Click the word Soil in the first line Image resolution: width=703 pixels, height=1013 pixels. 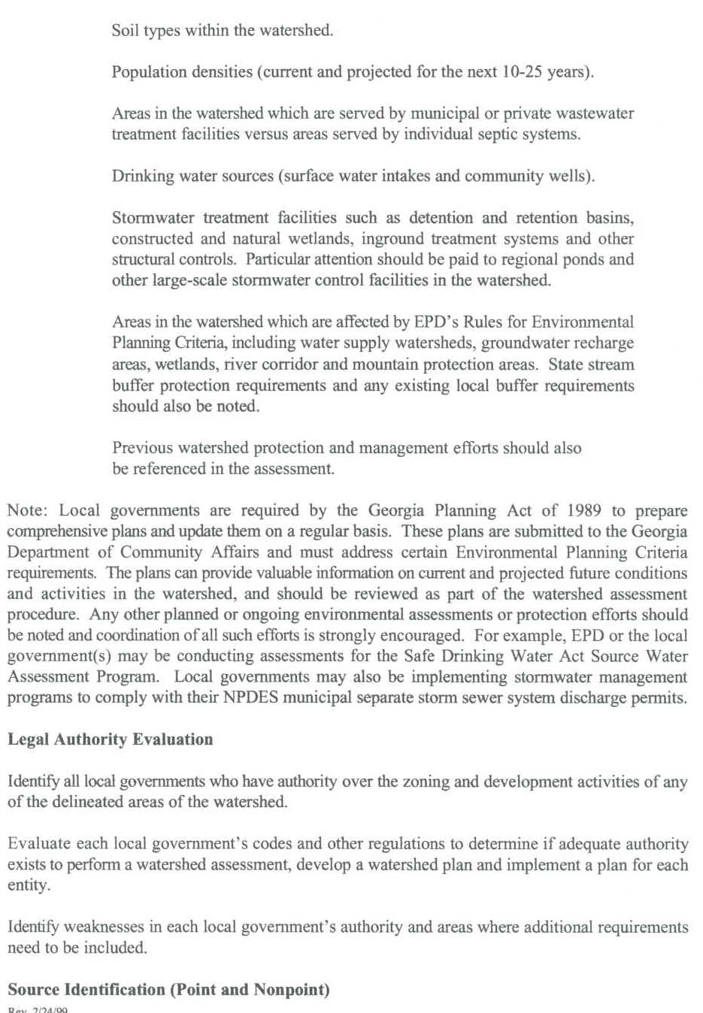tap(126, 30)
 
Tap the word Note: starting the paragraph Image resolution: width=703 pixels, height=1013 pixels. tap(28, 511)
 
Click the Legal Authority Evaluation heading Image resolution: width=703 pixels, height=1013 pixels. tap(111, 739)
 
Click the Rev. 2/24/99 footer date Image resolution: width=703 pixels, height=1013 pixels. tap(38, 1009)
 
